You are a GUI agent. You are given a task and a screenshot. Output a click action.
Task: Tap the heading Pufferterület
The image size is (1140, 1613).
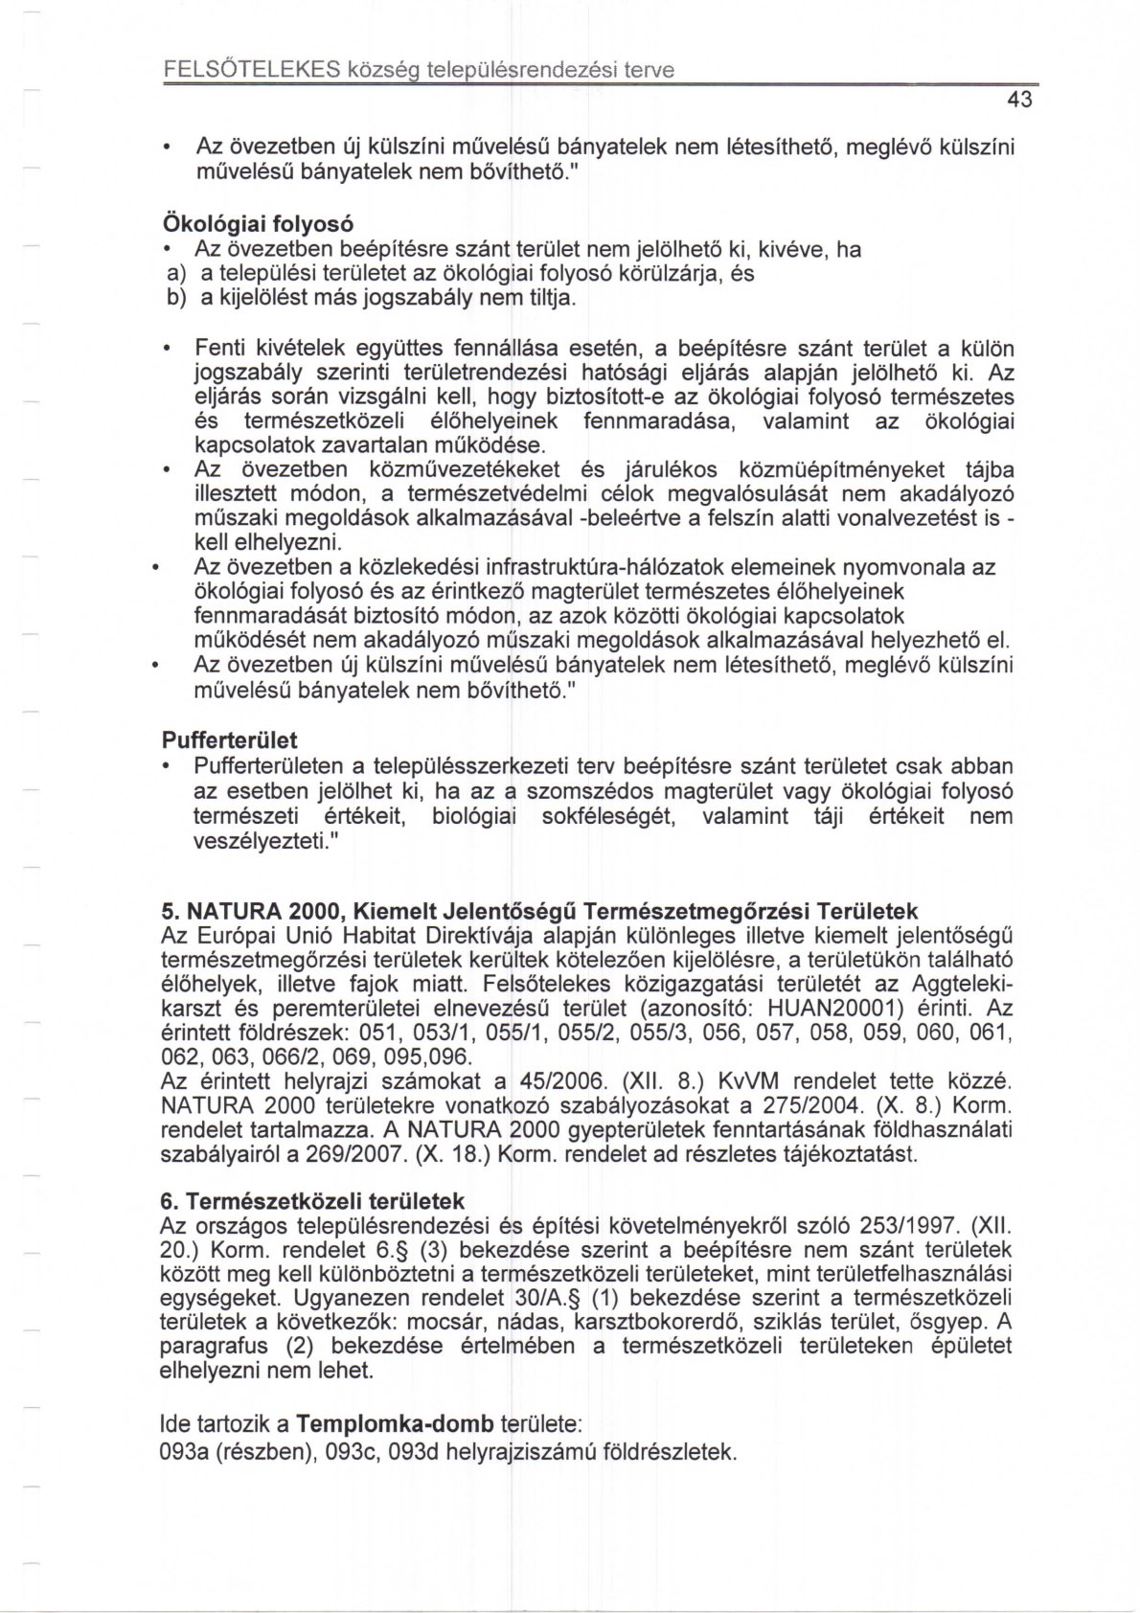[229, 740]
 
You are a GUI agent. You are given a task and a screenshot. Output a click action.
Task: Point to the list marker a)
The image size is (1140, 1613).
[176, 274]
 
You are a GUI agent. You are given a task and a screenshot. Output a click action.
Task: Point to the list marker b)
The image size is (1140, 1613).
[176, 299]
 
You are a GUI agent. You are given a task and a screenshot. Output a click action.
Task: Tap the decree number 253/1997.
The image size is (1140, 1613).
[911, 1225]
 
